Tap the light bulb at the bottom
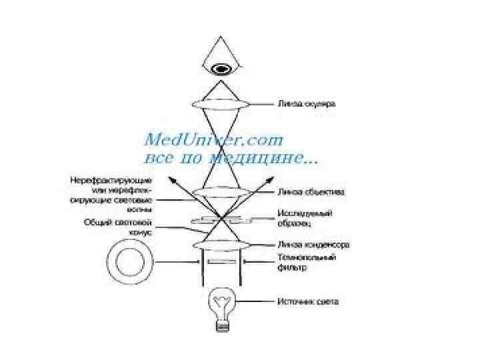[221, 306]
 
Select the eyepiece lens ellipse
[222, 104]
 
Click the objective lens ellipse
[222, 193]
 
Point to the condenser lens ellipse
[222, 245]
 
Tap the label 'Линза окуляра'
[306, 104]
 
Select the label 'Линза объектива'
[311, 193]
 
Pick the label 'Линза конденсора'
[313, 245]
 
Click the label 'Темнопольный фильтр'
[306, 263]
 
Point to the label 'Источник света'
[307, 302]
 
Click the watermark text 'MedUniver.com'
[214, 141]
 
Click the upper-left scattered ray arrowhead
[171, 179]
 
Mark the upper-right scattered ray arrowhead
[273, 179]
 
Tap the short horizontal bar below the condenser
[221, 262]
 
